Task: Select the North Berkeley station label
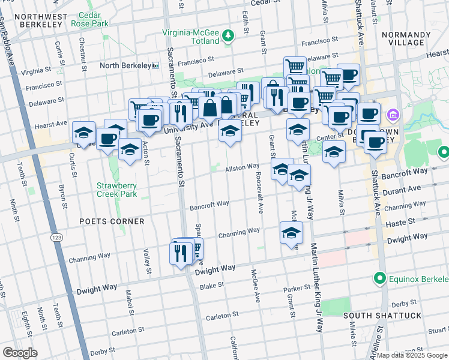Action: [x=125, y=65]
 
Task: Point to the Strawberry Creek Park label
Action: [x=116, y=190]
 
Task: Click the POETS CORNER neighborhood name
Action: [x=112, y=221]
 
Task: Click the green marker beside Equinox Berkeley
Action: [x=379, y=278]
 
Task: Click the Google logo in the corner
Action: [x=20, y=353]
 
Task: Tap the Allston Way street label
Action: [x=242, y=167]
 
